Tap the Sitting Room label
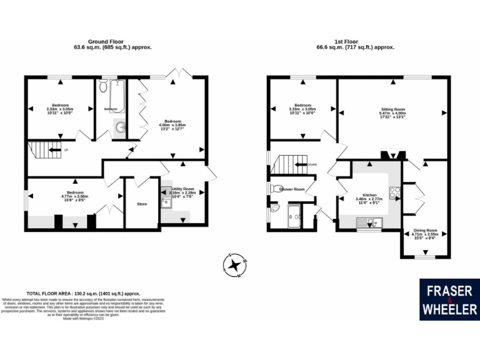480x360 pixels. pos(393,109)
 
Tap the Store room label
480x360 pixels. pos(141,204)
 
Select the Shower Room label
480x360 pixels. pos(292,189)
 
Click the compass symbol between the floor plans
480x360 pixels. pos(235,265)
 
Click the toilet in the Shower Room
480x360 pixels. pos(276,188)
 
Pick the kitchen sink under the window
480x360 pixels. pos(368,221)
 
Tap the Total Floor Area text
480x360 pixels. pos(83,293)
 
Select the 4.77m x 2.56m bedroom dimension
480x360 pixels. pos(74,197)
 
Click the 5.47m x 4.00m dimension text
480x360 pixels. pos(393,113)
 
